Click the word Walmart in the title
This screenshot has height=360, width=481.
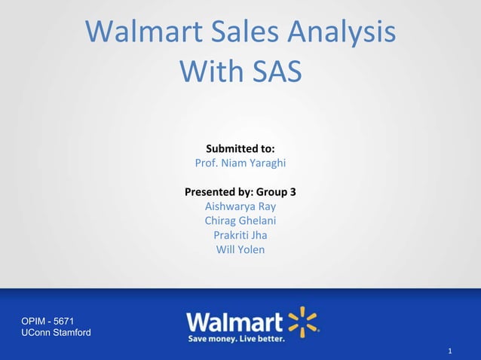(144, 32)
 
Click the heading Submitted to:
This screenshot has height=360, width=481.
(240, 148)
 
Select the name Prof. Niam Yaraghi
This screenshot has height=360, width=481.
(240, 163)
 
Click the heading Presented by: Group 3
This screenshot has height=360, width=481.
(240, 192)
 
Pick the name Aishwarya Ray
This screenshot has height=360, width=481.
(240, 206)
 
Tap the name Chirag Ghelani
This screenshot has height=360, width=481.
(240, 221)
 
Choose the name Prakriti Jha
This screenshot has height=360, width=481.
(240, 235)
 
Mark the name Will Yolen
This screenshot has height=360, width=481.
(240, 249)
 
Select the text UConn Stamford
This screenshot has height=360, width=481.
(56, 333)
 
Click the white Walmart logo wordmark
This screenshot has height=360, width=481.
(234, 322)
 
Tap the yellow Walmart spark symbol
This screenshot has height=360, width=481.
(303, 321)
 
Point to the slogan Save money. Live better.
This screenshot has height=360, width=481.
(236, 339)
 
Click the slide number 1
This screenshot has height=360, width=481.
(449, 351)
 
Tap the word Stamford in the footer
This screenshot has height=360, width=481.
(71, 333)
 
